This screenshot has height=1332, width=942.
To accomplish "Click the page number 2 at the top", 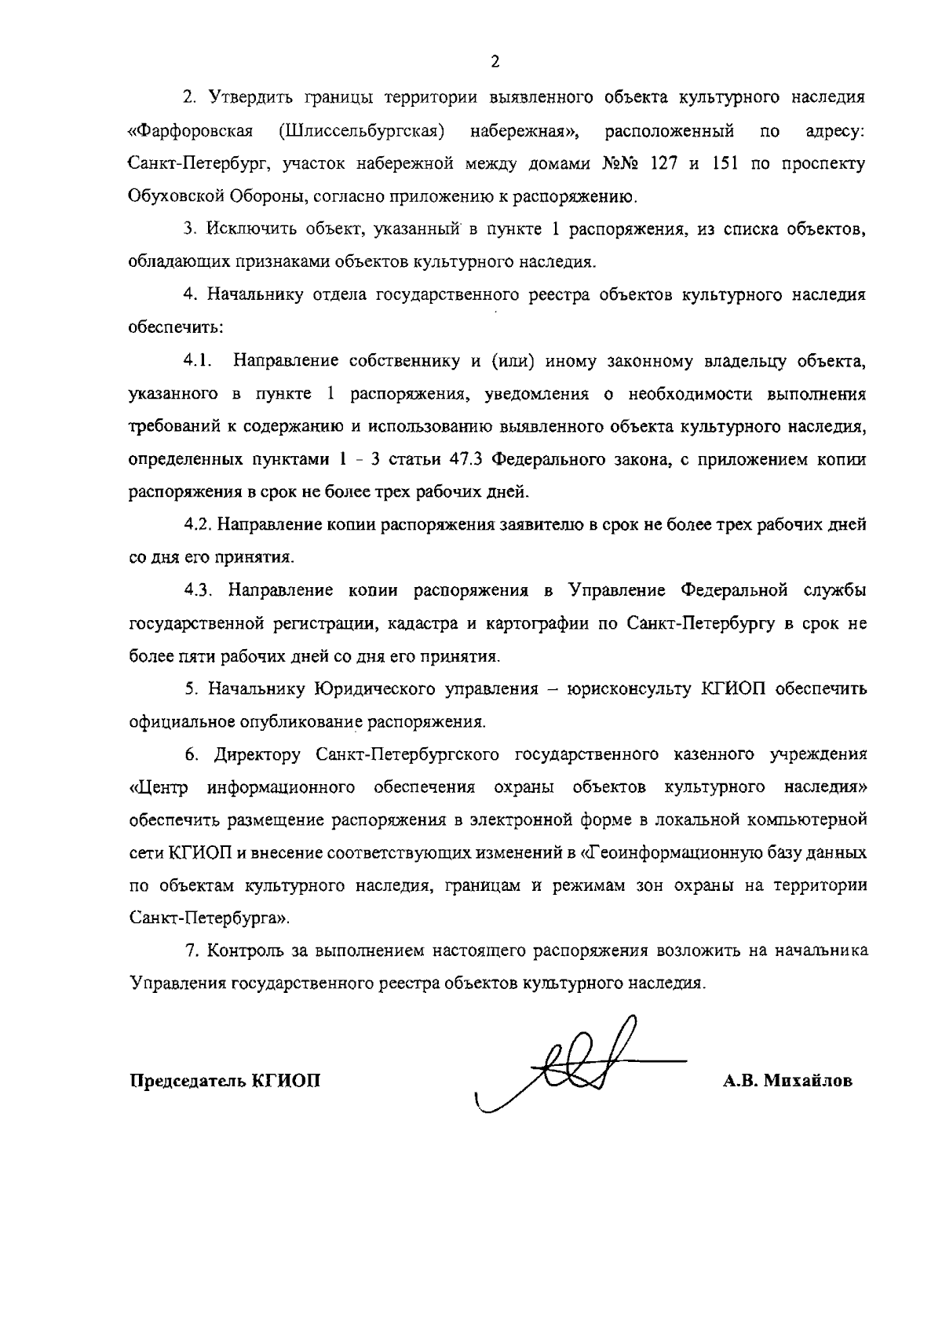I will coord(495,63).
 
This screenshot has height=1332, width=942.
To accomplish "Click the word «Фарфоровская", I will coord(189,130).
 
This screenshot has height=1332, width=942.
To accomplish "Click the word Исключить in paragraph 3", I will coord(243,229).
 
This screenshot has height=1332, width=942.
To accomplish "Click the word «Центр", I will coord(159,787).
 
